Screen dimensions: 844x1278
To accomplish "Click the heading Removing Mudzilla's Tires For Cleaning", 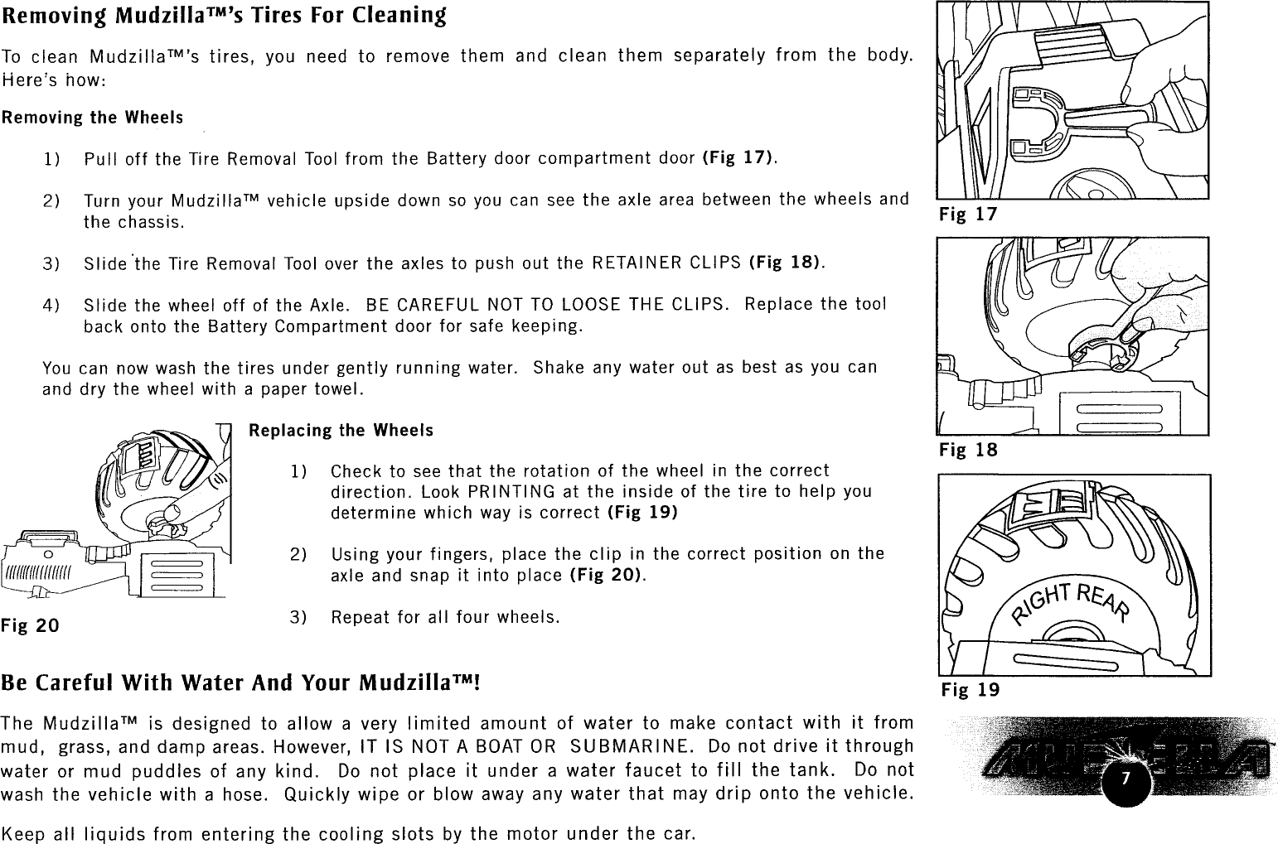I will coord(224,16).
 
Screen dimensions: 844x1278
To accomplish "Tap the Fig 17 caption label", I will coord(967,215).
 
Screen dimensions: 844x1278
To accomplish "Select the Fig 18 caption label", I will coord(968,451).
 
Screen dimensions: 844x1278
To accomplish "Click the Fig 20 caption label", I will coord(30,625).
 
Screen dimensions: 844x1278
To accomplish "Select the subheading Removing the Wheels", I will coord(92,118).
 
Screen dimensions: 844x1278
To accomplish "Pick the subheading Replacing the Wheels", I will coord(341,431).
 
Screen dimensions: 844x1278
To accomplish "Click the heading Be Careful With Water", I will coord(240,684).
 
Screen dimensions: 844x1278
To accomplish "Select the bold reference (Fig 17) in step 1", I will coord(738,158).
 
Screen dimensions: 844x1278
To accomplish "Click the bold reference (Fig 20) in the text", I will coord(608,575).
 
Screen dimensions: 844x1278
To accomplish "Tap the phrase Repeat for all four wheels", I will coord(445,618).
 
